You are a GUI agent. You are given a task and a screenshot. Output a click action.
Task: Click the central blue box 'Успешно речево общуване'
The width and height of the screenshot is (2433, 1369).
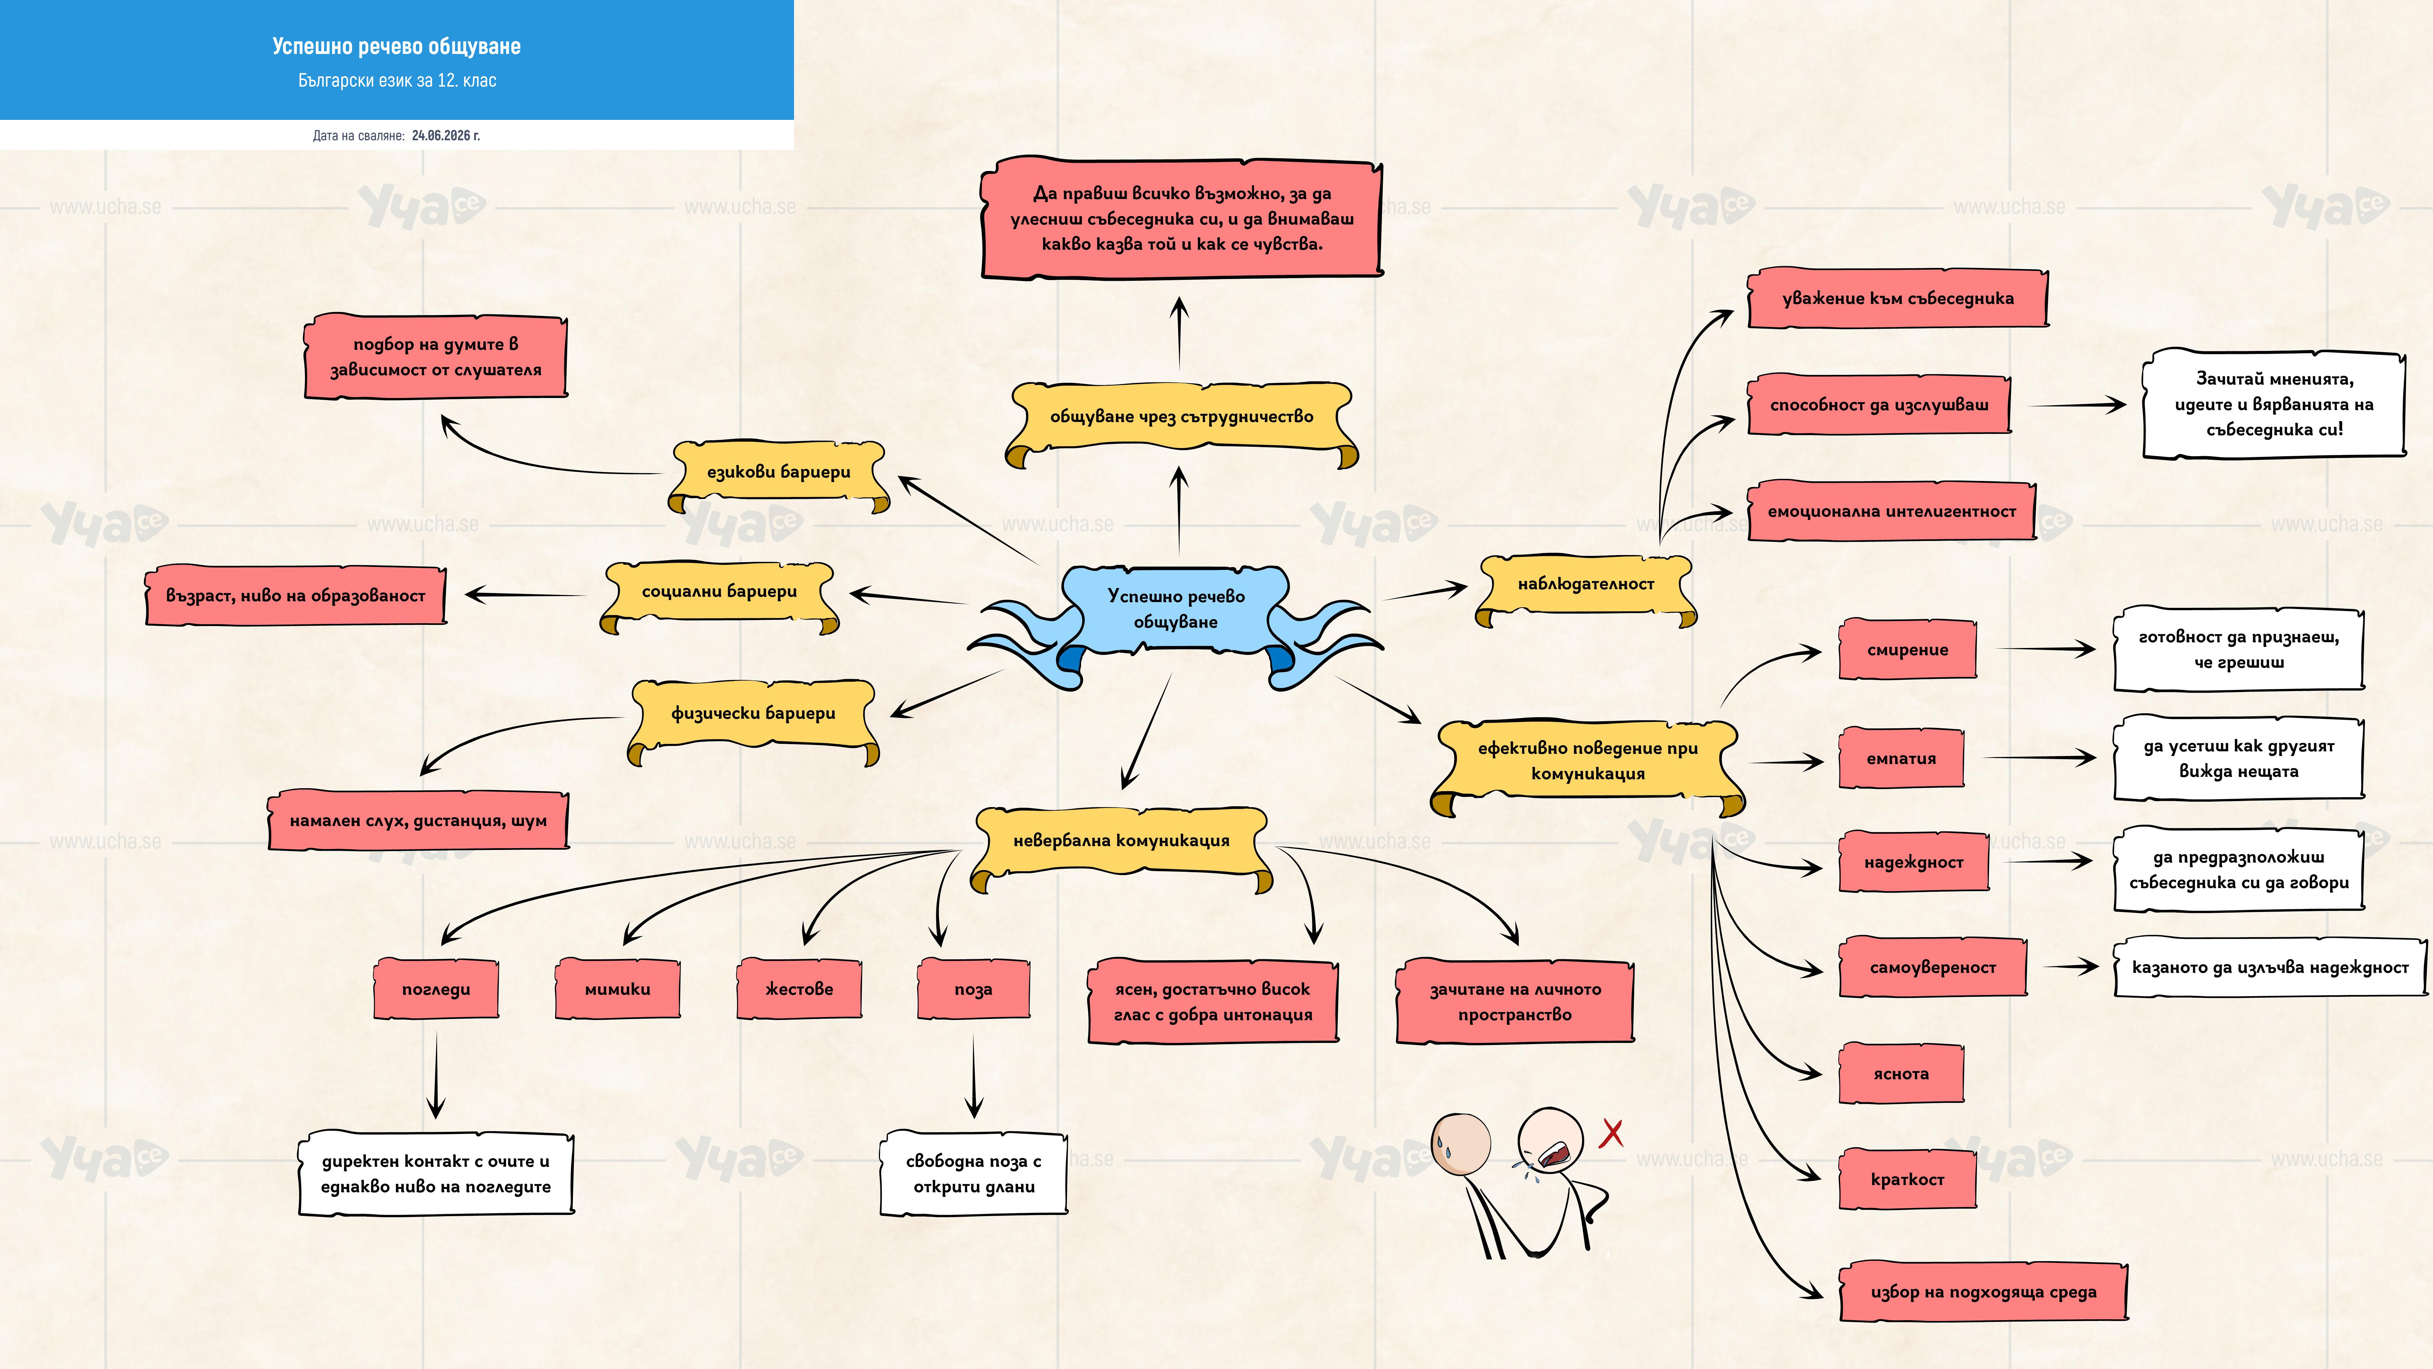coord(1176,609)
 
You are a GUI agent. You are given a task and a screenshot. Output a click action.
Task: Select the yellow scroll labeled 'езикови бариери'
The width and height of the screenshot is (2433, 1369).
coord(778,472)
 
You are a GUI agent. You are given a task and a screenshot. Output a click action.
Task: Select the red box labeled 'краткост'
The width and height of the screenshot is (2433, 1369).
coord(1907,1179)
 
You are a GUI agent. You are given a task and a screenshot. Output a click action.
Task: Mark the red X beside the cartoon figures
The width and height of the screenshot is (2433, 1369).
coord(1611,1133)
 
